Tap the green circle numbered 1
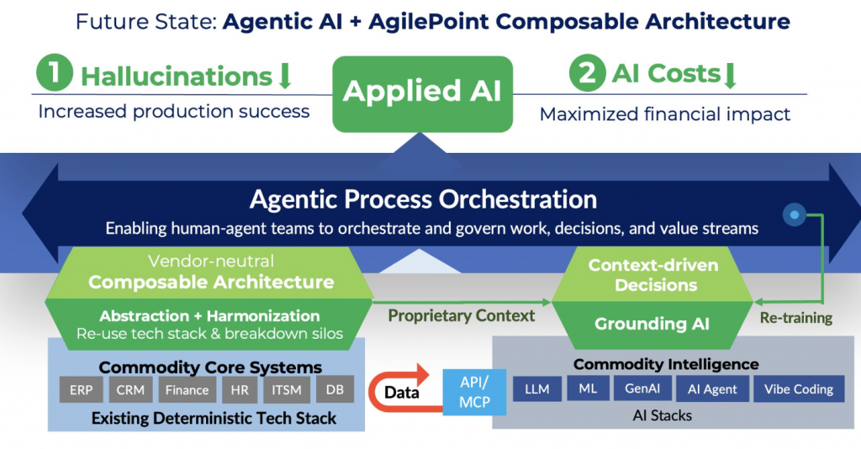[55, 74]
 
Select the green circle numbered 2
[589, 74]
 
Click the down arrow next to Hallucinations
[284, 77]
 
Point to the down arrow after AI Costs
[730, 75]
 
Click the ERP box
[82, 390]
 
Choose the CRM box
[130, 390]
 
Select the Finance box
[187, 390]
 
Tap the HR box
[240, 390]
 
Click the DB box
[335, 390]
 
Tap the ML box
[588, 388]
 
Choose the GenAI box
[642, 388]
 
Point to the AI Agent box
[712, 388]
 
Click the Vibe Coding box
[799, 388]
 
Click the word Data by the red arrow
[402, 392]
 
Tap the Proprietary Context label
[461, 315]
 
